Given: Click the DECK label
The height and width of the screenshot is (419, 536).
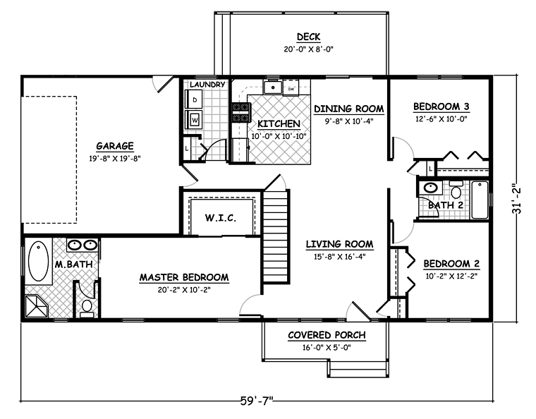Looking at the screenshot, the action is (308, 37).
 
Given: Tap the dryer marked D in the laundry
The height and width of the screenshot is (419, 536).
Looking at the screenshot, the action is (193, 99).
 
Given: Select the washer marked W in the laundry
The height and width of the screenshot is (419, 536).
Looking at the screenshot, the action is (193, 120).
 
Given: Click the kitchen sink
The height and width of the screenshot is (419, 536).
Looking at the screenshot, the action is (272, 87).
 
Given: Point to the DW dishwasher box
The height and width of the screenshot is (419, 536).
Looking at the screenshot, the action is (291, 88).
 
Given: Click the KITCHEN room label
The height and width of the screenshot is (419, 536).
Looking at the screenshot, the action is (279, 123).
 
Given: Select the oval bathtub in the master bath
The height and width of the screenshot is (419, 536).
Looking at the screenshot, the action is (38, 262).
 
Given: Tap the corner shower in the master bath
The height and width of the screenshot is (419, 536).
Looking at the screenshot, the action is (37, 307).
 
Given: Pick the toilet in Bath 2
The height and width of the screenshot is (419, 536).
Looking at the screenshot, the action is (456, 190).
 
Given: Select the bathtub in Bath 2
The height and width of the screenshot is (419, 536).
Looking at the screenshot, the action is (480, 200).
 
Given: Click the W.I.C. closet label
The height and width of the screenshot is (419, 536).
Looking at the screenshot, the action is (221, 218).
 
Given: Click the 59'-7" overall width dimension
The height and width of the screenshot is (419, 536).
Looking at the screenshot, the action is (257, 400).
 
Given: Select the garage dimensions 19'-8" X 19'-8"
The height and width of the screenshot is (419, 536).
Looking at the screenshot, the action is (115, 158).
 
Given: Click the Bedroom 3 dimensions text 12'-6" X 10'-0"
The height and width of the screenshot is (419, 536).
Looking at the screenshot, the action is (441, 119).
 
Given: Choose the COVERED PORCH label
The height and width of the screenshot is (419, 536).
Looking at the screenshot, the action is (327, 335).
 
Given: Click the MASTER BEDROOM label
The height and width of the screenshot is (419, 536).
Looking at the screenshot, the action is (184, 277).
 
